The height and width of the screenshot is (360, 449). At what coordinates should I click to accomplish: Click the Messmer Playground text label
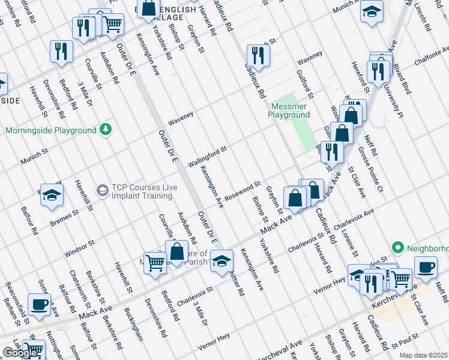pos(289,110)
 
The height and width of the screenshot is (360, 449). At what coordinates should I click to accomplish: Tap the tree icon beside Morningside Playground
pos(106,130)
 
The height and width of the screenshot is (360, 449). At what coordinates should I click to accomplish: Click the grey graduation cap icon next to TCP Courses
pos(103,191)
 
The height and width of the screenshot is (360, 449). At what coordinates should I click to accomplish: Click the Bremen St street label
pos(64,218)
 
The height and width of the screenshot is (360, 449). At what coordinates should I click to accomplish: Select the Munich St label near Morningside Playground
pos(34,158)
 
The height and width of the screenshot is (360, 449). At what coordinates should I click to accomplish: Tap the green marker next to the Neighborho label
pos(397,247)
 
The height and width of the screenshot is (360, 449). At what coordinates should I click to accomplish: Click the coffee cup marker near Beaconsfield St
pos(40,305)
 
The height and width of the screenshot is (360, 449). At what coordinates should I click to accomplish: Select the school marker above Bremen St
pos(52,195)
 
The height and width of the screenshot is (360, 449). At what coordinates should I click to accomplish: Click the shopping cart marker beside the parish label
pos(155,262)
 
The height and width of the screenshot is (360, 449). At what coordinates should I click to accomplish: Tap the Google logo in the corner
pos(20,353)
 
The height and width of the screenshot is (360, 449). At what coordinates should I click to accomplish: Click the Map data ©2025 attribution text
pos(423,355)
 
